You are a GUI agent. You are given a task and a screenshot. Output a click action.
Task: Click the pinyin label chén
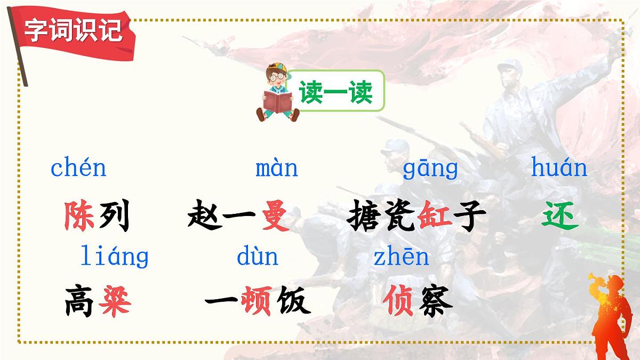tap(78, 169)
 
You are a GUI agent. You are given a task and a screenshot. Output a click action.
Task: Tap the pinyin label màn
tap(276, 169)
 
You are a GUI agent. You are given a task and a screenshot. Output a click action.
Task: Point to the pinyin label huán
tap(559, 169)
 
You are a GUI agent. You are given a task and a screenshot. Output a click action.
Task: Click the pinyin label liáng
tap(114, 257)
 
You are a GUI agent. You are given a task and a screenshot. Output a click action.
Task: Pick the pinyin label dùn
tap(258, 257)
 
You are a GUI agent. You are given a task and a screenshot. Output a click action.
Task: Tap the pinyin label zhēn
tap(401, 257)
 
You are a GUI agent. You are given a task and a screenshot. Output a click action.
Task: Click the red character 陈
tap(79, 215)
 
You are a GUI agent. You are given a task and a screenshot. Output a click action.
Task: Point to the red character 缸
tap(435, 216)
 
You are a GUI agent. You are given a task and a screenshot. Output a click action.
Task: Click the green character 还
tap(560, 215)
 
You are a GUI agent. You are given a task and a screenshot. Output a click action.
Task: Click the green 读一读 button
tap(335, 92)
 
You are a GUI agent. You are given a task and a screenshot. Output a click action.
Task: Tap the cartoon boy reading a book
tap(277, 92)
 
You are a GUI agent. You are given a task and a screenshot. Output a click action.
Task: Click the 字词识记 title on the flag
tap(74, 30)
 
